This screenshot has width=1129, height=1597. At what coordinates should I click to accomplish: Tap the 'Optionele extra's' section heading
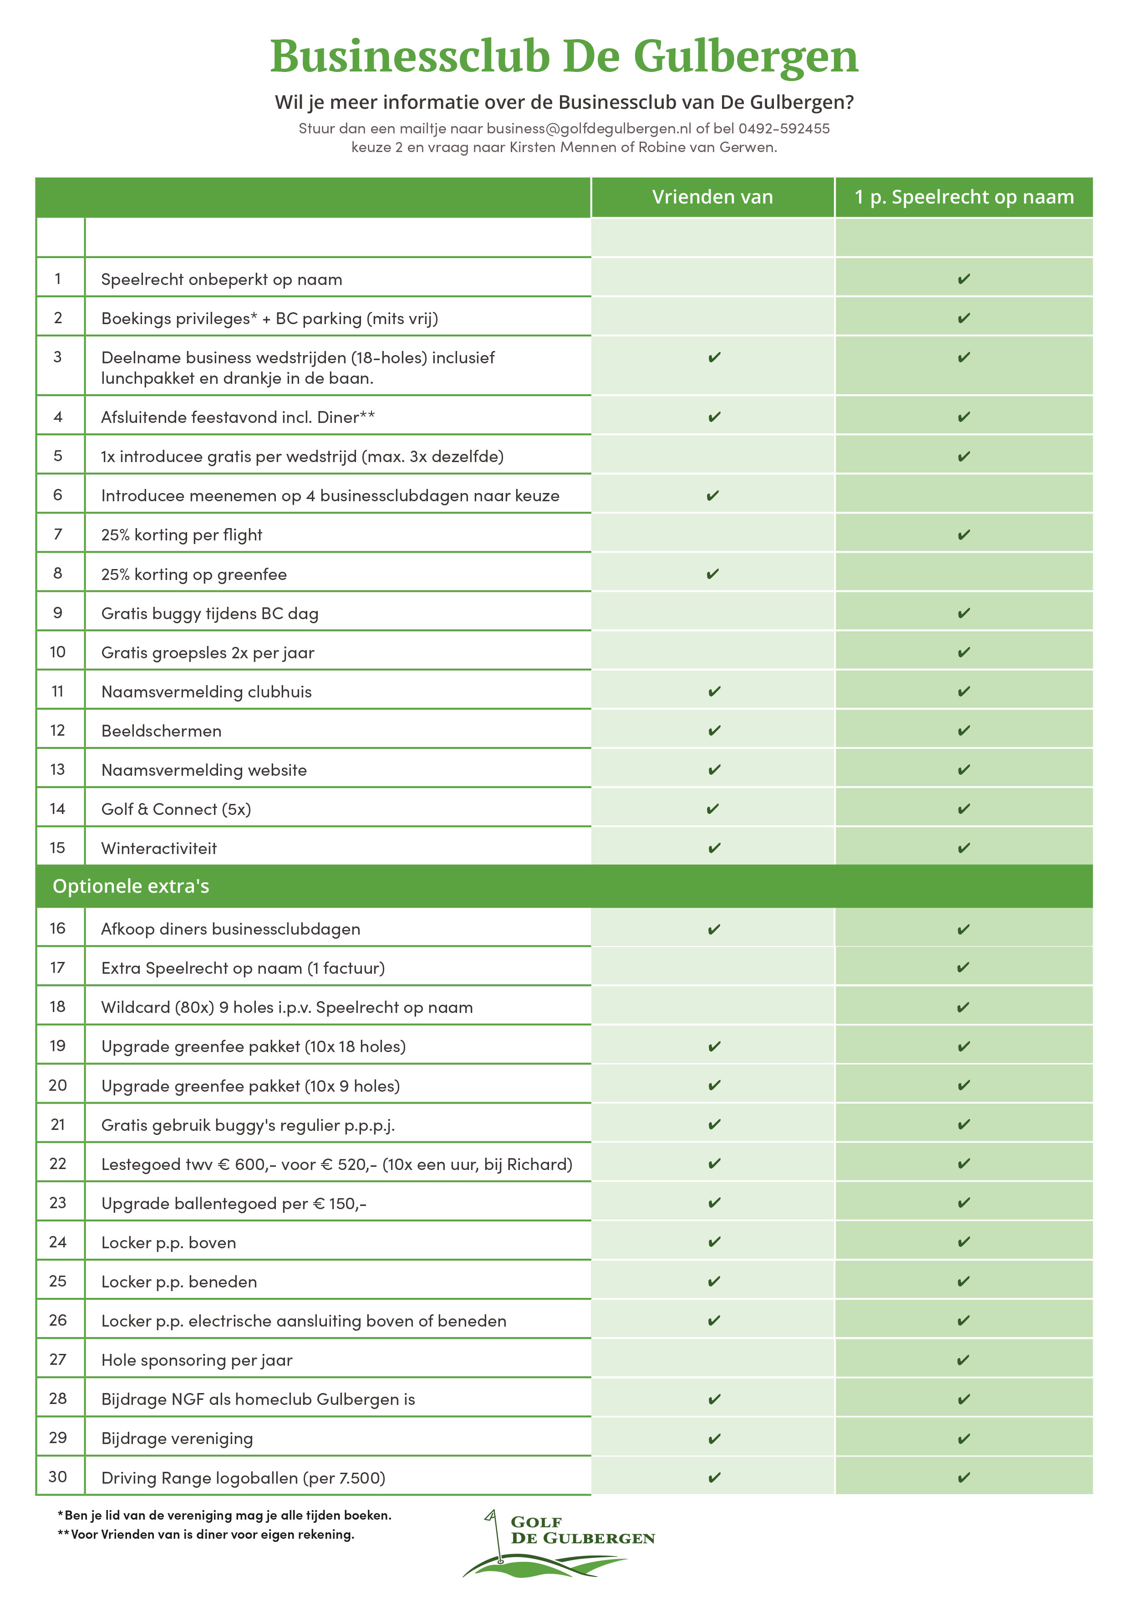131,886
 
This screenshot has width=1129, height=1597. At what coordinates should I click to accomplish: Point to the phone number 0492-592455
784,129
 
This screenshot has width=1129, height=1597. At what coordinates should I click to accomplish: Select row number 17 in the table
58,967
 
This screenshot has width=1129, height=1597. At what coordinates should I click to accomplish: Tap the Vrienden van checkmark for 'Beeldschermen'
714,730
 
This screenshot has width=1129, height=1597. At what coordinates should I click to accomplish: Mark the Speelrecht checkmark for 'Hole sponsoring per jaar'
963,1360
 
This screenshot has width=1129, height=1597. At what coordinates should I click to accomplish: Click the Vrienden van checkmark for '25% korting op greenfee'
712,574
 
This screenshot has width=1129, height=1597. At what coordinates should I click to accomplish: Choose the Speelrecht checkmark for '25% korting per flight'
963,535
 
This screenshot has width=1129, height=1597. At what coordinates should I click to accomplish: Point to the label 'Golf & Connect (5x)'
176,809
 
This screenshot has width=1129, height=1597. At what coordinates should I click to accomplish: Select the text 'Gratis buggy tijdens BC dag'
209,614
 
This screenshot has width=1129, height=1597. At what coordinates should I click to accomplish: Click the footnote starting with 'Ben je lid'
225,1515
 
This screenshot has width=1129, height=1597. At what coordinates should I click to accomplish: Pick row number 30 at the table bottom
58,1477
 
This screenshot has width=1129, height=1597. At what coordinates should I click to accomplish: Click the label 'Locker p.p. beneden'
179,1282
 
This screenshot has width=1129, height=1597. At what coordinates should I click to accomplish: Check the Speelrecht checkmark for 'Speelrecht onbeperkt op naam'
963,279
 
